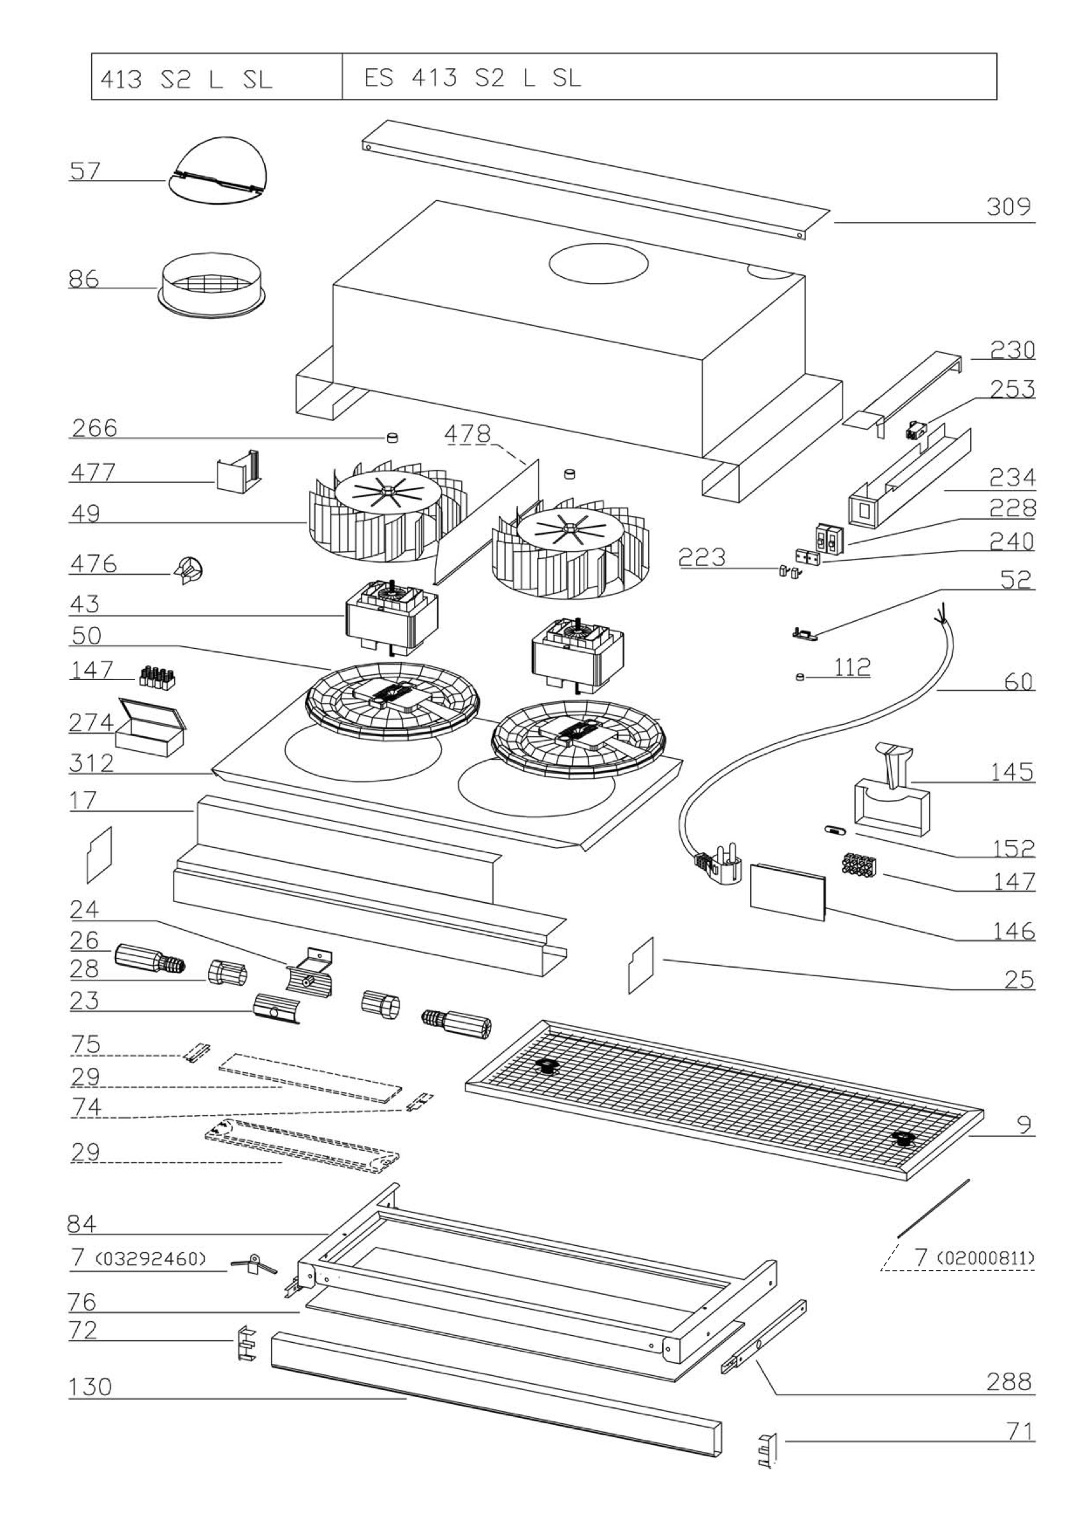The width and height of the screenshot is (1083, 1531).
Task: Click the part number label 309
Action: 1008,207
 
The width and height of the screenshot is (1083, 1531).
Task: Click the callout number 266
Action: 94,428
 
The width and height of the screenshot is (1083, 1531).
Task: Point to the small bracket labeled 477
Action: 236,473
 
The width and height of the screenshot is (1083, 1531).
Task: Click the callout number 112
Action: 852,667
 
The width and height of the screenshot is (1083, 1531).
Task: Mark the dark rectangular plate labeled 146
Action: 788,892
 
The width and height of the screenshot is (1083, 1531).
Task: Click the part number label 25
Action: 1019,980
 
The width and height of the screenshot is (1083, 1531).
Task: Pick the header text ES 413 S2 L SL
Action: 472,78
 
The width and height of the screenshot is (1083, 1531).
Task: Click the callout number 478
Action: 467,434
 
